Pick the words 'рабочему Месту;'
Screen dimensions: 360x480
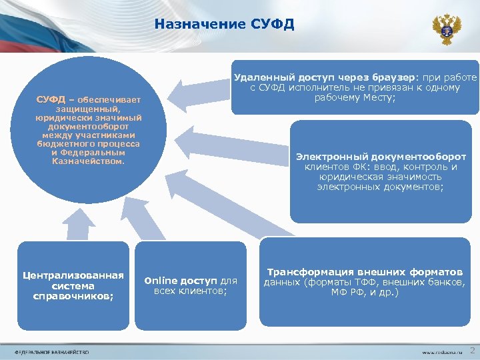(x=355, y=98)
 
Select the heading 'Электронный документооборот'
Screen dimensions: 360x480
(x=381, y=157)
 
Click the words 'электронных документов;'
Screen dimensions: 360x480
(x=381, y=187)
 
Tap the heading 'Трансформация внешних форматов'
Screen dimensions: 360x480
(x=365, y=273)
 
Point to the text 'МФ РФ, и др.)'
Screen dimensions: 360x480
(x=365, y=292)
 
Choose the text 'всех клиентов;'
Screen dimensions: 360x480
(x=191, y=291)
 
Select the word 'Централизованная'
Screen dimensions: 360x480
(x=73, y=275)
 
